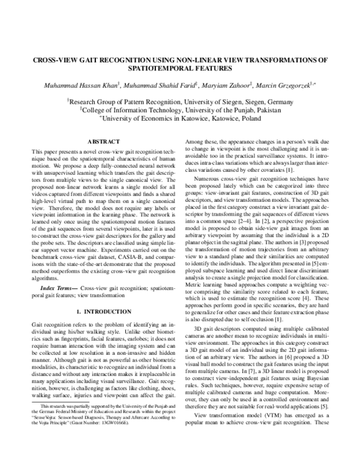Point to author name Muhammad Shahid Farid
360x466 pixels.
(x=155, y=86)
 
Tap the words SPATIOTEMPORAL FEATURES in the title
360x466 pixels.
(x=179, y=70)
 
